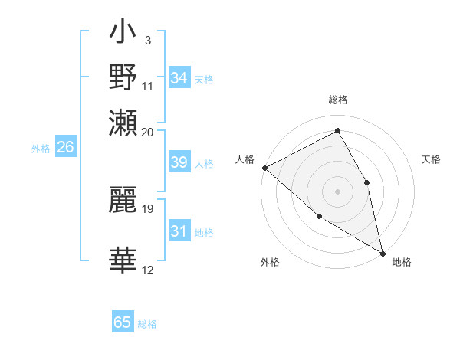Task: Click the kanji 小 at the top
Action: pos(123,34)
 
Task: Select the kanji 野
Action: pos(123,78)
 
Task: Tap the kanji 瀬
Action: pos(123,122)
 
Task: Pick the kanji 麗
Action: pos(123,198)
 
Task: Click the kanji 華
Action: pos(123,261)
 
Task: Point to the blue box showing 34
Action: pos(179,78)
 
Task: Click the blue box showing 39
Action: pos(179,163)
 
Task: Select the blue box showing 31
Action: pos(179,232)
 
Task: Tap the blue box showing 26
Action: pos(65,148)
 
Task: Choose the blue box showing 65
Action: pos(123,322)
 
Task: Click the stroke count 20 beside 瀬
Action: pos(148,132)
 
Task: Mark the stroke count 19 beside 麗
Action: pos(148,208)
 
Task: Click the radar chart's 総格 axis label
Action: pos(337,100)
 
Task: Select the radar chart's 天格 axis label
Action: pos(432,159)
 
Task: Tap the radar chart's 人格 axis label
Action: pos(245,159)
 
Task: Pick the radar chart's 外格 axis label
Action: pos(270,263)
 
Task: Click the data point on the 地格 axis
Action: pos(383,252)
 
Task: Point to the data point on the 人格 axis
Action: pos(264,168)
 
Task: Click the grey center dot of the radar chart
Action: pos(337,191)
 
